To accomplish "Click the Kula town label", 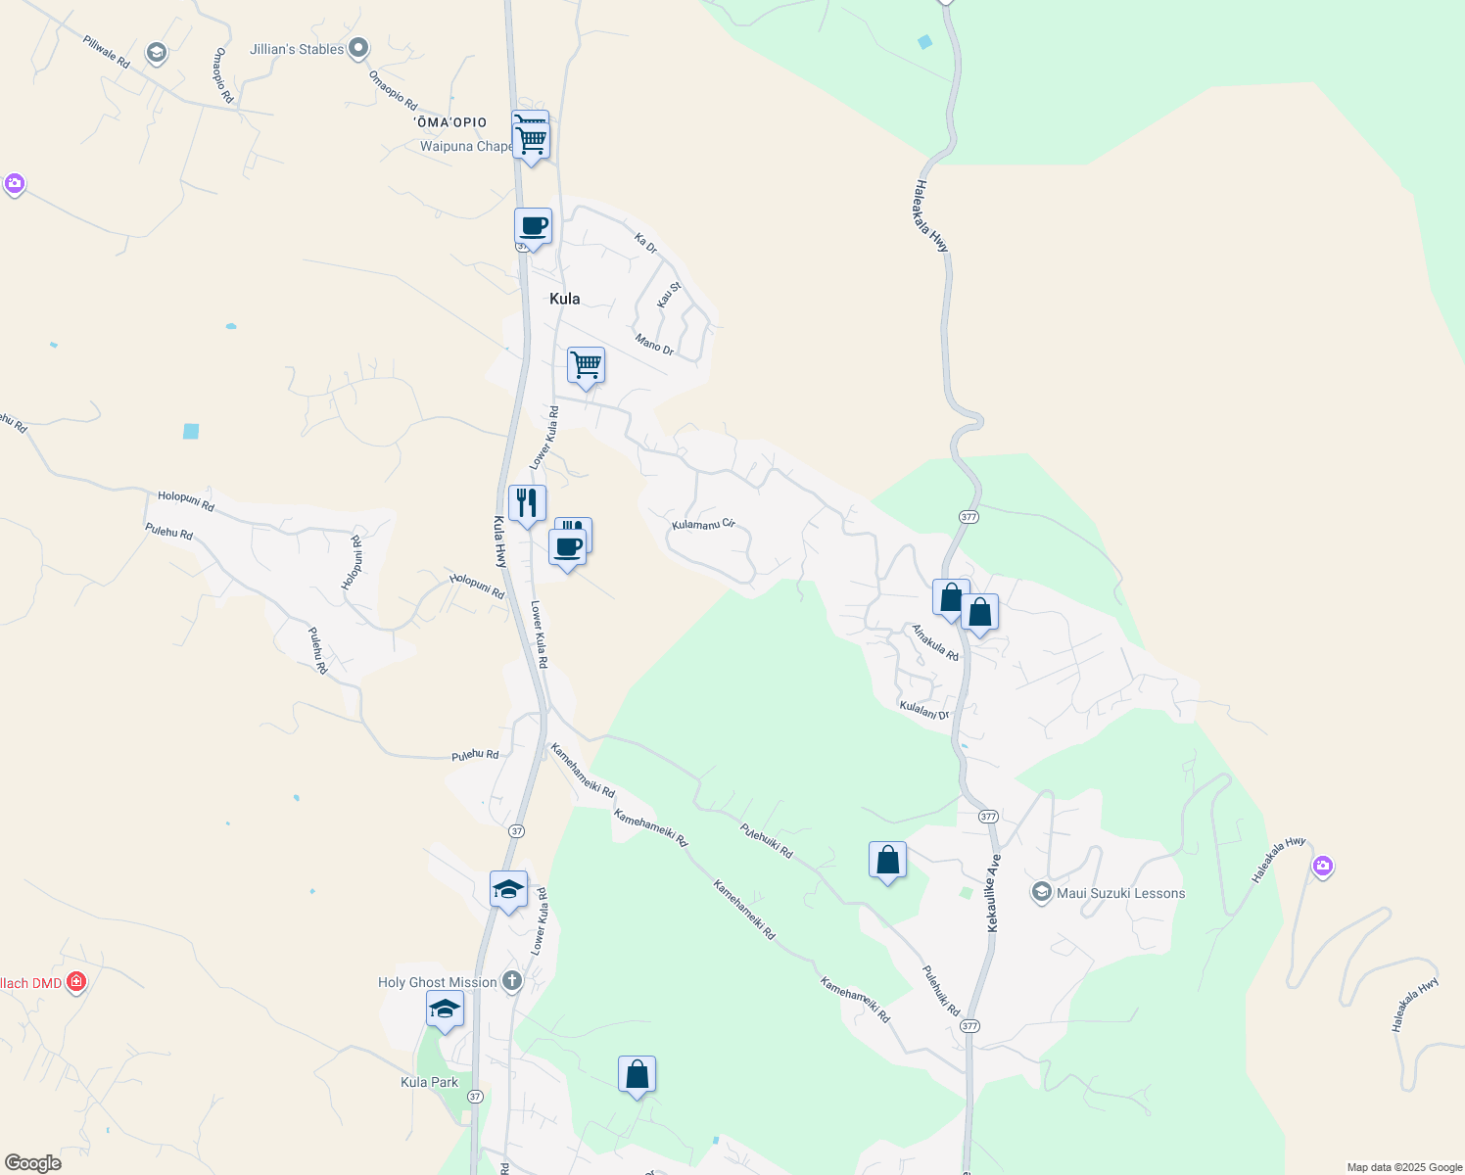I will click(564, 299).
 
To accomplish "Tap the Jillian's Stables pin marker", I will click(358, 48).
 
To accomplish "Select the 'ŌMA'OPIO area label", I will click(450, 122).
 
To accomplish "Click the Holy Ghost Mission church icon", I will click(511, 981).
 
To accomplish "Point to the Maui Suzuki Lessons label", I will click(1120, 893).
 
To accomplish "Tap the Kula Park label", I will click(429, 1082).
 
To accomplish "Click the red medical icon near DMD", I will click(76, 982).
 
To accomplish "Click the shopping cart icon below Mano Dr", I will click(586, 365).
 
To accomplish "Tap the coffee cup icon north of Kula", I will click(533, 226).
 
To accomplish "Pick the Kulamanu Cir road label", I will click(703, 525).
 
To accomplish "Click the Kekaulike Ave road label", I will click(994, 893).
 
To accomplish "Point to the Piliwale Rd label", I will click(106, 51).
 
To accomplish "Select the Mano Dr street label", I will click(654, 344).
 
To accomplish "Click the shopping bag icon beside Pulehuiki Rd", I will click(887, 860).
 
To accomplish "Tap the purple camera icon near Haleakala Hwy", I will click(1323, 866).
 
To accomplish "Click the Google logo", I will click(33, 1163).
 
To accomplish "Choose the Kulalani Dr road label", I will click(924, 710).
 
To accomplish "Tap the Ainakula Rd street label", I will click(935, 642).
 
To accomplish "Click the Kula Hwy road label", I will click(499, 541).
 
